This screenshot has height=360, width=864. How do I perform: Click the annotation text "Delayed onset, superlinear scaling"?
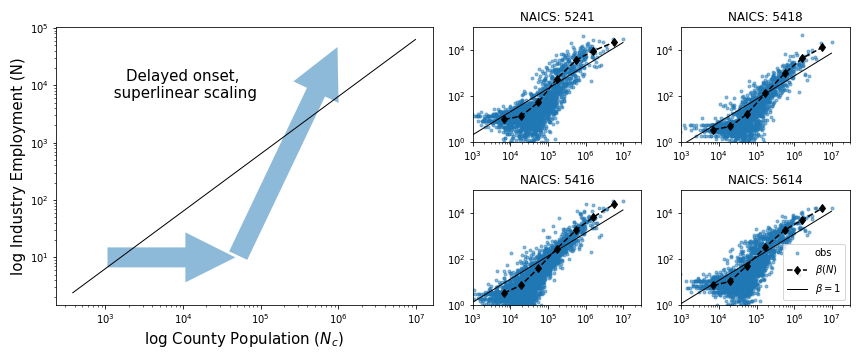pyautogui.click(x=184, y=85)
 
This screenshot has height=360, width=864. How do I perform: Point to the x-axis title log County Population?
pyautogui.click(x=244, y=339)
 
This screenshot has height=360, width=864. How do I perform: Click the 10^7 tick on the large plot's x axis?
pyautogui.click(x=415, y=317)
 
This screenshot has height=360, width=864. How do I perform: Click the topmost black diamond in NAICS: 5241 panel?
pyautogui.click(x=614, y=42)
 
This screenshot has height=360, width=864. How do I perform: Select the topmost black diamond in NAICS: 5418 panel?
pyautogui.click(x=822, y=47)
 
